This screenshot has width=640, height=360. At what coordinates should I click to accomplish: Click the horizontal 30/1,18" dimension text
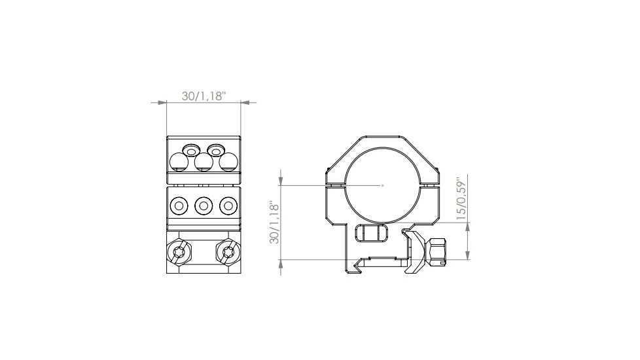204,96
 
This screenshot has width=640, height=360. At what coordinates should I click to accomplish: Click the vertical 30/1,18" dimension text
275,223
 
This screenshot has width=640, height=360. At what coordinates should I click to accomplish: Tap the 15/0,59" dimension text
461,197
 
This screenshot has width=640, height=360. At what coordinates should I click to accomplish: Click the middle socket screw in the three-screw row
204,206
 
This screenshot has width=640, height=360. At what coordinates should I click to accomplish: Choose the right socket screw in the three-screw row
228,206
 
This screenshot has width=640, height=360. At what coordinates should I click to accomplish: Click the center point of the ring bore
383,185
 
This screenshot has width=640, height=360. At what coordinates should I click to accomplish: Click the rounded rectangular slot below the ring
370,233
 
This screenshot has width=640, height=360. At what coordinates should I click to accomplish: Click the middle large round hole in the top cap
204,161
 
